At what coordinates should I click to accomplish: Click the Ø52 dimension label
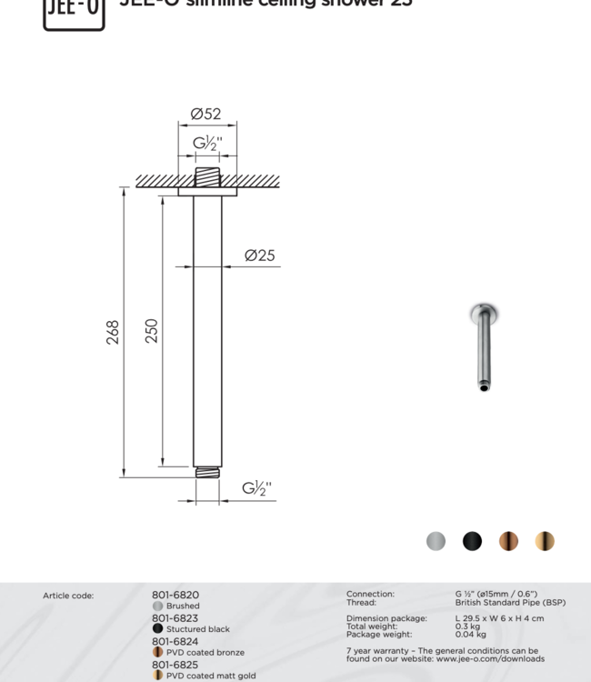click(205, 115)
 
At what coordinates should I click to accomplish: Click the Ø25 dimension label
click(260, 256)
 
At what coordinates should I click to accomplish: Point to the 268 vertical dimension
click(113, 332)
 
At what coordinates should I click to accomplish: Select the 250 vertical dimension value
click(152, 330)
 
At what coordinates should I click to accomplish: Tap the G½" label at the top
click(207, 144)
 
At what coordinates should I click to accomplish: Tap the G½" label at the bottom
click(256, 488)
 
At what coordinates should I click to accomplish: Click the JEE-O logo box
click(74, 13)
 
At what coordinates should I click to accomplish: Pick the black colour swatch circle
click(473, 541)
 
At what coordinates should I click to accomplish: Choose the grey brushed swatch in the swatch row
click(436, 541)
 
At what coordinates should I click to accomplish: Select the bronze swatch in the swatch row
click(508, 541)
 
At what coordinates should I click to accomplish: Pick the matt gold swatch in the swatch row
click(545, 541)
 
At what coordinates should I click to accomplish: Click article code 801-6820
click(175, 596)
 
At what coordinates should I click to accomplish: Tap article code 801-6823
click(175, 618)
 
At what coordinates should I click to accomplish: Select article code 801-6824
click(175, 641)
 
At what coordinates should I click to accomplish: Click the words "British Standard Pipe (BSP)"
click(510, 603)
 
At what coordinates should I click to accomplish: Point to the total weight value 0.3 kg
click(467, 627)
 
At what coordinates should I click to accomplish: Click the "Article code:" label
click(68, 597)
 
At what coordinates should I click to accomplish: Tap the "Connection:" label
click(370, 595)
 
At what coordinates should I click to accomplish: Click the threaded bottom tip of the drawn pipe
click(207, 472)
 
